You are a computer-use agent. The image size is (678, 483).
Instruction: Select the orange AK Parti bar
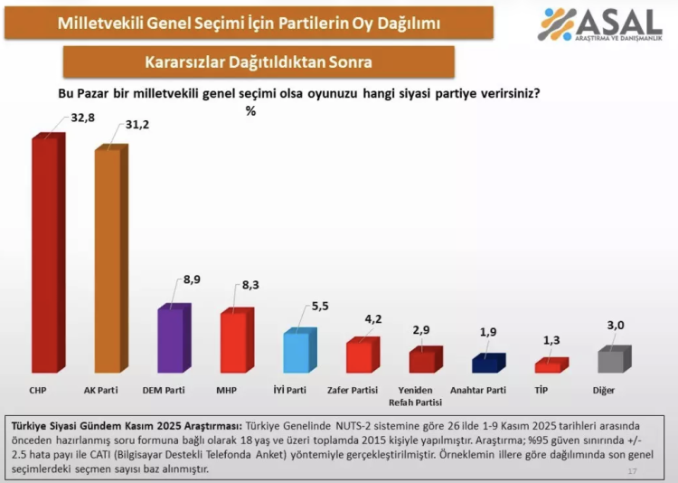[108, 260]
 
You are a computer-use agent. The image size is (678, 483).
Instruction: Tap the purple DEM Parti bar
[171, 340]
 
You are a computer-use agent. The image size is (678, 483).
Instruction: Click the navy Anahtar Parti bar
[485, 364]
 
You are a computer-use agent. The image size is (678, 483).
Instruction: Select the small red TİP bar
[548, 366]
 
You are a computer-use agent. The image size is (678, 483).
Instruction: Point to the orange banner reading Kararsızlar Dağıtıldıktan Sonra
[259, 62]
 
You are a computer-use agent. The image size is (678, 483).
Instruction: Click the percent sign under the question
[250, 111]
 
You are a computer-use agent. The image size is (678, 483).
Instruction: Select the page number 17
[632, 471]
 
